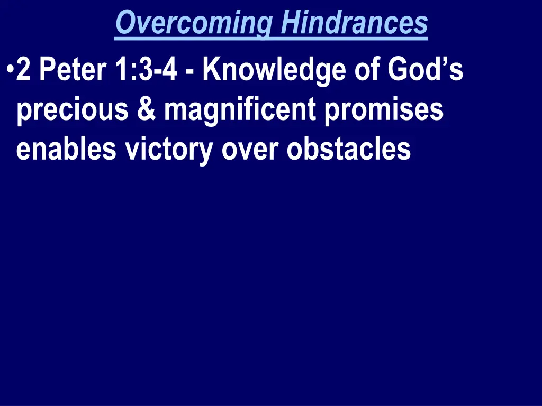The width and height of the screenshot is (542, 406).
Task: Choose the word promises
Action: (x=384, y=111)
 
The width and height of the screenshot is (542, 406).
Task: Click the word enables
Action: (x=66, y=149)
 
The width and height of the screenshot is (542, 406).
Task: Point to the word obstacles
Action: (x=349, y=149)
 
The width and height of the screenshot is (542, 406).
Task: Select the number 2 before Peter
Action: (x=23, y=71)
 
